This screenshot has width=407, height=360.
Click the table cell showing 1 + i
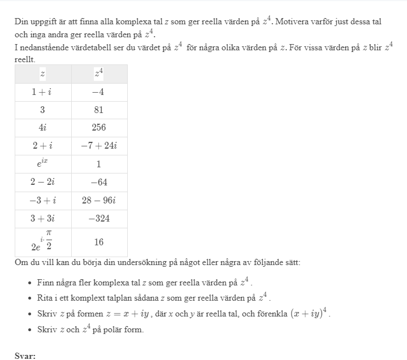pos(42,92)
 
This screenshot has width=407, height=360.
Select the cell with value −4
pos(98,92)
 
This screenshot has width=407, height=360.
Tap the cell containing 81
pos(98,110)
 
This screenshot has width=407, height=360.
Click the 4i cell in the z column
pos(42,128)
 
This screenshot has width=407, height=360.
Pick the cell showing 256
pos(98,128)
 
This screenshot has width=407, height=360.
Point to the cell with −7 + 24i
pos(98,146)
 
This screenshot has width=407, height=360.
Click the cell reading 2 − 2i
pos(42,182)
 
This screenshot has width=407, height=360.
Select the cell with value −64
pos(98,182)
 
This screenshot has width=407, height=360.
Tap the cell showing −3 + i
pos(42,200)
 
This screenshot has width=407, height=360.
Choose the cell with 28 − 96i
pos(98,200)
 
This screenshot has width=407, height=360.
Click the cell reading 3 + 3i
pos(42,219)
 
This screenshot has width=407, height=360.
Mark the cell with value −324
pos(98,219)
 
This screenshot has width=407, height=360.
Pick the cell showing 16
pos(98,242)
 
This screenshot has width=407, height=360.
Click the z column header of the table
pos(42,73)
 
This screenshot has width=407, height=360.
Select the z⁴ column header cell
pos(98,73)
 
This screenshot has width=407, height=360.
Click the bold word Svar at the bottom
pos(25,355)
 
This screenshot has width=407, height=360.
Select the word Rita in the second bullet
pos(45,298)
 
